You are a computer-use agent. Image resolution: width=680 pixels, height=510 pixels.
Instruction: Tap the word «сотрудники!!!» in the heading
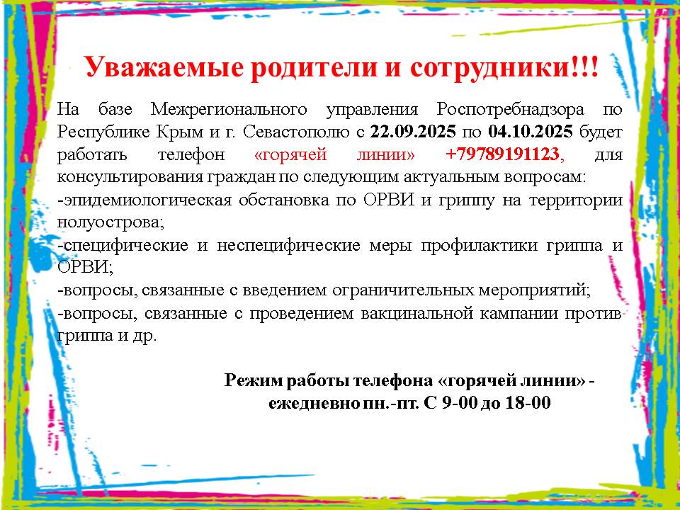pos(504,67)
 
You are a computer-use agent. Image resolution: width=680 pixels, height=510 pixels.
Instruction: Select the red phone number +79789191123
pos(502,154)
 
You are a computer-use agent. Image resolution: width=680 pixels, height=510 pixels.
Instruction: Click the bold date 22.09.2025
pos(413,132)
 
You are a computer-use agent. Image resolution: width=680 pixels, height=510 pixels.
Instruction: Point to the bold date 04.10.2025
pos(531,132)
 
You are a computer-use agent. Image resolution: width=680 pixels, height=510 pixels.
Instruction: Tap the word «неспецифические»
pos(288,246)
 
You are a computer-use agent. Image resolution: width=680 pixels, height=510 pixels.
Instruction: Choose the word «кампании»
pos(518,313)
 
